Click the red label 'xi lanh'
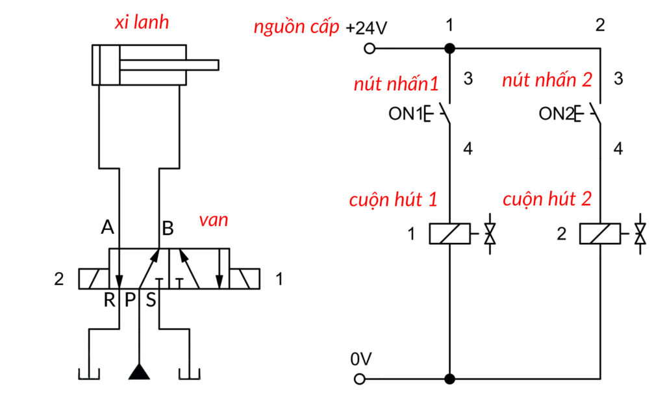pyautogui.click(x=142, y=22)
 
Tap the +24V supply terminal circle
pyautogui.click(x=370, y=49)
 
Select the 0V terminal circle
pyautogui.click(x=359, y=379)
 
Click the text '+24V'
pyautogui.click(x=366, y=29)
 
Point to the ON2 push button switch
pyautogui.click(x=592, y=114)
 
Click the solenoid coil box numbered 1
pyautogui.click(x=449, y=234)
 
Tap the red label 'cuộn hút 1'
pyautogui.click(x=394, y=199)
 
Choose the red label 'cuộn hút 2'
pyautogui.click(x=547, y=199)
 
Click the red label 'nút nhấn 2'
pyautogui.click(x=547, y=81)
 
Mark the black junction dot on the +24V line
pyautogui.click(x=449, y=49)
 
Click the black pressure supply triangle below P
pyautogui.click(x=138, y=372)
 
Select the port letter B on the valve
pyautogui.click(x=168, y=228)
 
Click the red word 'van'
pyautogui.click(x=214, y=220)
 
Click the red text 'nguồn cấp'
pyautogui.click(x=296, y=28)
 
